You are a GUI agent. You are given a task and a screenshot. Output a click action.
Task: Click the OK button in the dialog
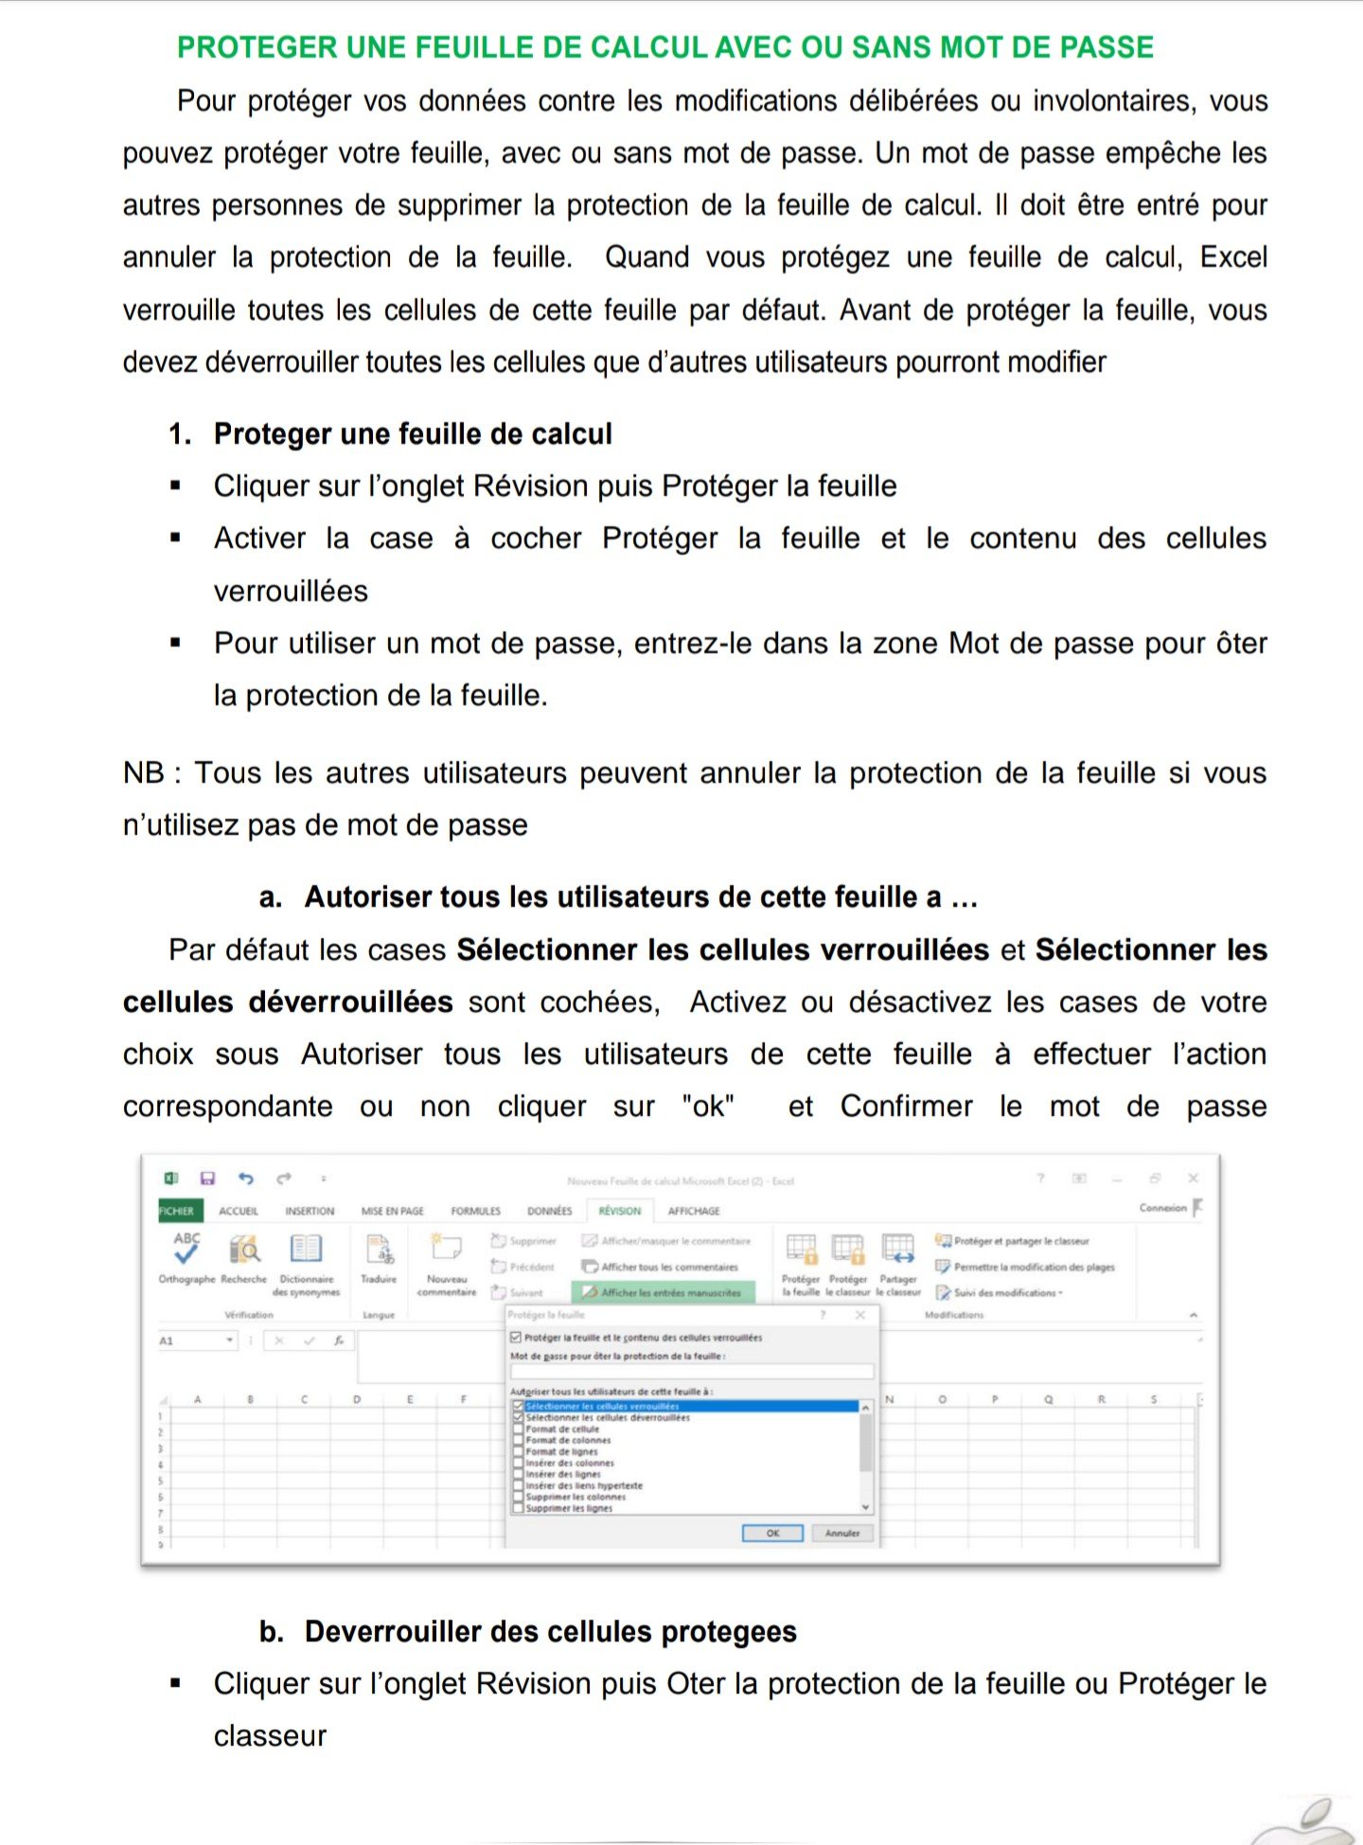coord(772,1533)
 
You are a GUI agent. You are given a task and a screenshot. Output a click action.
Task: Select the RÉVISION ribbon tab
coord(619,1211)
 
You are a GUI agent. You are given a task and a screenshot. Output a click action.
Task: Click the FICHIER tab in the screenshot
coord(176,1211)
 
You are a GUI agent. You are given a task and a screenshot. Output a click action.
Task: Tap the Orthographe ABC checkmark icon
coord(186,1249)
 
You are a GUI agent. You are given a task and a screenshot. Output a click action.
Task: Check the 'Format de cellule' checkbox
coord(518,1429)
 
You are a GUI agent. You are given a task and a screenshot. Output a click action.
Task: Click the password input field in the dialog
coord(691,1371)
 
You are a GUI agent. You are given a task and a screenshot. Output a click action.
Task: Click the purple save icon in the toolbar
coord(207,1179)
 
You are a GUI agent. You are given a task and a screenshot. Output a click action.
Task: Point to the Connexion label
coord(1162,1208)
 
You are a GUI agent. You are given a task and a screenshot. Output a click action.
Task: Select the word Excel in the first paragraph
coord(1232,257)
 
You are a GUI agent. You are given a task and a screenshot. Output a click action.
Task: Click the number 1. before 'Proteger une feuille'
coord(180,435)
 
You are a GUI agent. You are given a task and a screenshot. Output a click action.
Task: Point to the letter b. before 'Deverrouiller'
coord(271,1632)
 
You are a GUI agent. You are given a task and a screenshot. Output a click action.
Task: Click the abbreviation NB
coord(144,773)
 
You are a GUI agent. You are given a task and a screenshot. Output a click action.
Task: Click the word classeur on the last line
coord(270,1736)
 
